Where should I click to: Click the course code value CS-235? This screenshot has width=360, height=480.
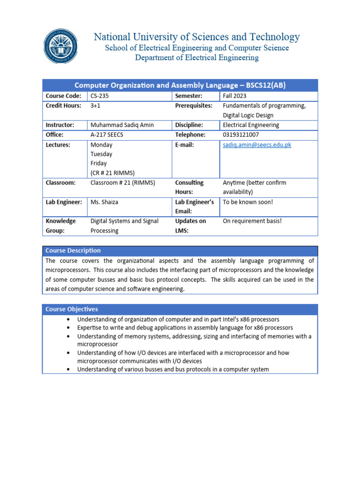[99, 96]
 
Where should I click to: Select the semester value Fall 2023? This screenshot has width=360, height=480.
[234, 96]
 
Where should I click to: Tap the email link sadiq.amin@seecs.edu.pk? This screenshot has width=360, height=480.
[257, 145]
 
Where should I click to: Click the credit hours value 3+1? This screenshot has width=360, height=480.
[95, 106]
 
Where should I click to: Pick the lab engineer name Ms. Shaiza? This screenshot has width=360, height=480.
[104, 202]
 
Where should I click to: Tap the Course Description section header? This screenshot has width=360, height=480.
[73, 250]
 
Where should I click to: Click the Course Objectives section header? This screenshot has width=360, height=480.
[72, 309]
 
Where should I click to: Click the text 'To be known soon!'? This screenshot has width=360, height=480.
[247, 202]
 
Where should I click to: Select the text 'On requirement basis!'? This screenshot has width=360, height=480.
[252, 221]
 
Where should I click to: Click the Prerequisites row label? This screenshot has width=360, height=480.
[194, 106]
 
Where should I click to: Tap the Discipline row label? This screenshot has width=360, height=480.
[189, 125]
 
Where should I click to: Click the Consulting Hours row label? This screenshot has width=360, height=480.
[189, 187]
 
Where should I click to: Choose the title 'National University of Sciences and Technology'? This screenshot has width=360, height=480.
[197, 37]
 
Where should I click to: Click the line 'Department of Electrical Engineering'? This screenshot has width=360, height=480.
[197, 58]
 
